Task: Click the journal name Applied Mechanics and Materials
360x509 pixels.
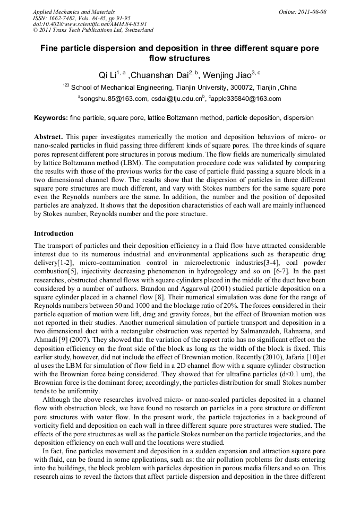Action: (x=73, y=12)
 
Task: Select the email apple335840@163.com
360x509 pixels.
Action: (x=246, y=99)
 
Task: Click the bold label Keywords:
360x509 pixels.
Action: (x=51, y=118)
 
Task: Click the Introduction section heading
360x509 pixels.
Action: (x=54, y=234)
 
